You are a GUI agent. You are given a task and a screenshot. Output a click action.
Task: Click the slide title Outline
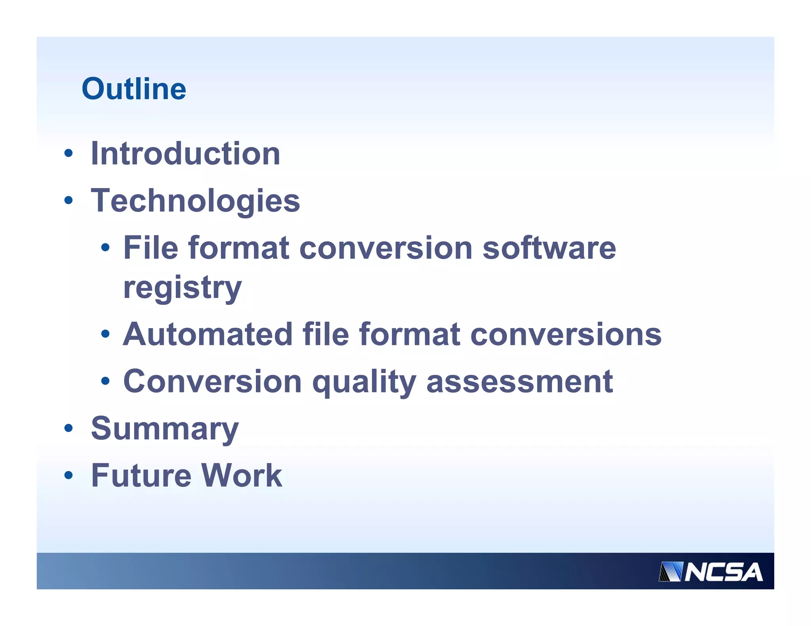(133, 89)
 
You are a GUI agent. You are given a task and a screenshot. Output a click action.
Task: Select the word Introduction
(185, 154)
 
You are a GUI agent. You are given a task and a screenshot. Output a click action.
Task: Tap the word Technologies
(195, 201)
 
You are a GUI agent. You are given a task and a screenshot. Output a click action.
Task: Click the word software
(549, 248)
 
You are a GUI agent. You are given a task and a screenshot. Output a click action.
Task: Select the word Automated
(208, 334)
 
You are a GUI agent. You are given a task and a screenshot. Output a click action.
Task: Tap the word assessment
(520, 381)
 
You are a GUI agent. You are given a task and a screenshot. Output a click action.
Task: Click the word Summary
(165, 429)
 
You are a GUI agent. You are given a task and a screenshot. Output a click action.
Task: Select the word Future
(141, 475)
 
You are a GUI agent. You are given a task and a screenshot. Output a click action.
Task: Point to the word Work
(242, 475)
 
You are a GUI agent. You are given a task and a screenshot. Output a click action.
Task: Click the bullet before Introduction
(69, 154)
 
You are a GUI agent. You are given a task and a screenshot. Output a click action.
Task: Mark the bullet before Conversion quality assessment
(105, 381)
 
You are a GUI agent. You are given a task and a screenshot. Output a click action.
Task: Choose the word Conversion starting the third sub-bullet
(212, 381)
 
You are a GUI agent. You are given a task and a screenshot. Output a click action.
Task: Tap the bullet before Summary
(69, 428)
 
